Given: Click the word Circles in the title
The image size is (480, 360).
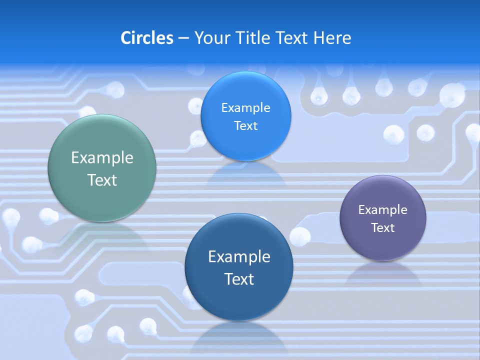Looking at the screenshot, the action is coord(146,38).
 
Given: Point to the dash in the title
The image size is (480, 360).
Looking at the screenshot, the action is coord(183,38).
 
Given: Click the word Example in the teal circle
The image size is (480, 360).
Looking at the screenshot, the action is coord(102,158).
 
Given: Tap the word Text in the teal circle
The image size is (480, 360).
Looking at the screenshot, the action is coord(102,180).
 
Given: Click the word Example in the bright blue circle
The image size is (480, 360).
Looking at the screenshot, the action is coord(245,107).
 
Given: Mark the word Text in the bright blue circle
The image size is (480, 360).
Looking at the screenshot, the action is coord(245,125).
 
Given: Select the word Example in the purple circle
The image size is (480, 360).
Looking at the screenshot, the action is coord(383,209).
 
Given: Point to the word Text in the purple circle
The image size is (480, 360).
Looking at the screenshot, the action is coord(383,227).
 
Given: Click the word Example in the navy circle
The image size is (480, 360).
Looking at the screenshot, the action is coord(239,256).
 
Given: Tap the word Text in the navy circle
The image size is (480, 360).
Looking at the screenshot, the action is coord(239,278).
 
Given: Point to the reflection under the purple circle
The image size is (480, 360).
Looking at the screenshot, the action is coord(383,272).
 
